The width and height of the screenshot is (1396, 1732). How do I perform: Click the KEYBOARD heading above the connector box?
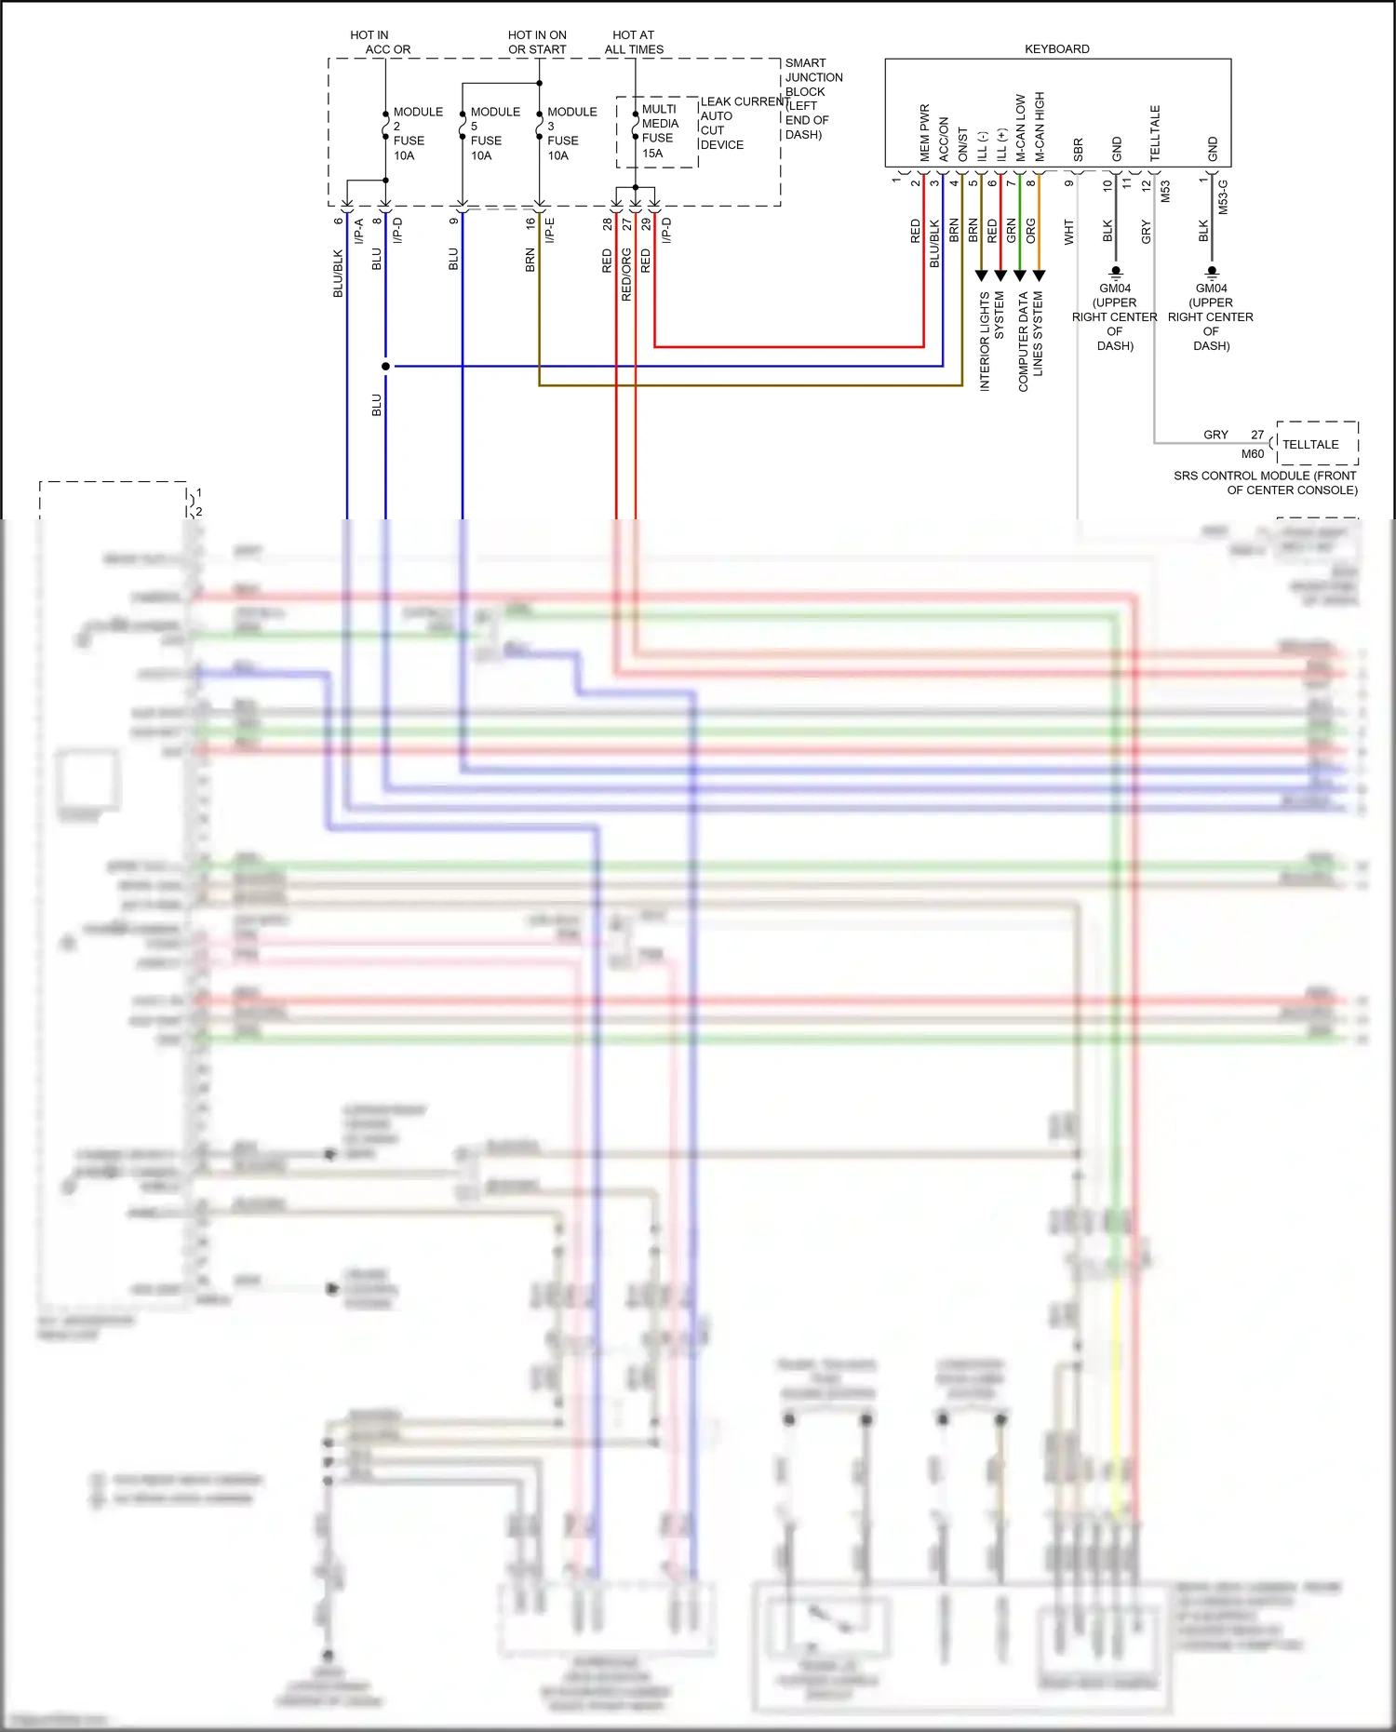click(1056, 49)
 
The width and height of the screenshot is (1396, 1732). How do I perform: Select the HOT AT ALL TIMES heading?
click(634, 42)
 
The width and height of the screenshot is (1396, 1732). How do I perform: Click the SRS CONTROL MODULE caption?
click(1266, 482)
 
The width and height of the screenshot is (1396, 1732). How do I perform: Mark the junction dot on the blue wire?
click(385, 366)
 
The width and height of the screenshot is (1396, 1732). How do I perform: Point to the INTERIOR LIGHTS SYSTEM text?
click(991, 341)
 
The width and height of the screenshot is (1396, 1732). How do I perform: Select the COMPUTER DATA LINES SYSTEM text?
click(1030, 341)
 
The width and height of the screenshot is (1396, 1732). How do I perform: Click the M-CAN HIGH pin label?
click(1040, 127)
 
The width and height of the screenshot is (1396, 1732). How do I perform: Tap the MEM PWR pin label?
click(924, 132)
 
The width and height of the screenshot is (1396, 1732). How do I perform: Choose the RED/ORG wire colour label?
click(626, 274)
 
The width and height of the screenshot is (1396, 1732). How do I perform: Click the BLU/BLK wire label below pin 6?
click(338, 273)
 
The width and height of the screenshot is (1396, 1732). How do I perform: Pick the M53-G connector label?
click(1223, 197)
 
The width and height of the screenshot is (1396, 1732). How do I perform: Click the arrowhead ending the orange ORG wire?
click(1040, 275)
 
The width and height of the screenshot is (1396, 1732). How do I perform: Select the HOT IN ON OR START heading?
click(537, 42)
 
